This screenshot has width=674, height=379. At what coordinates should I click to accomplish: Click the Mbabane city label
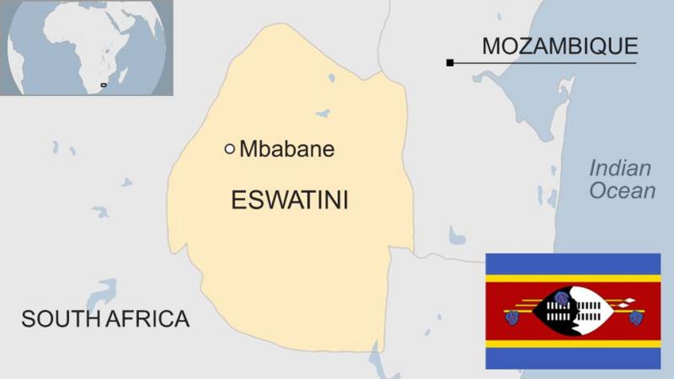[287, 150]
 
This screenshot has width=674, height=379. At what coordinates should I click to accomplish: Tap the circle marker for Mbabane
[229, 149]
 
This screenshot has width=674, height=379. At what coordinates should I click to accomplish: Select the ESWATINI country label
[289, 200]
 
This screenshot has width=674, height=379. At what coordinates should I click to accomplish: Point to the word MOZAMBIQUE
[559, 46]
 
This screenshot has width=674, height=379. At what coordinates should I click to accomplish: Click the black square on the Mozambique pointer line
[450, 62]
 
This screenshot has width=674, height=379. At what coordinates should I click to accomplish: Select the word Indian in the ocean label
[620, 168]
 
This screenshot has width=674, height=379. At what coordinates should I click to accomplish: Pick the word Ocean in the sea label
[622, 191]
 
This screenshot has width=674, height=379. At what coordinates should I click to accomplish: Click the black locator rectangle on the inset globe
[104, 85]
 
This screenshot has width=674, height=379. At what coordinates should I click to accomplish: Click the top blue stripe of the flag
[573, 263]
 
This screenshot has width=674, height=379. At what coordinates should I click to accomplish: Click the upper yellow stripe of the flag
[573, 278]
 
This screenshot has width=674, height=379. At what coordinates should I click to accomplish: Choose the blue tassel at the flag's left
[511, 318]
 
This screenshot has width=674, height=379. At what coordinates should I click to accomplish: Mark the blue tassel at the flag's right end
[635, 318]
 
